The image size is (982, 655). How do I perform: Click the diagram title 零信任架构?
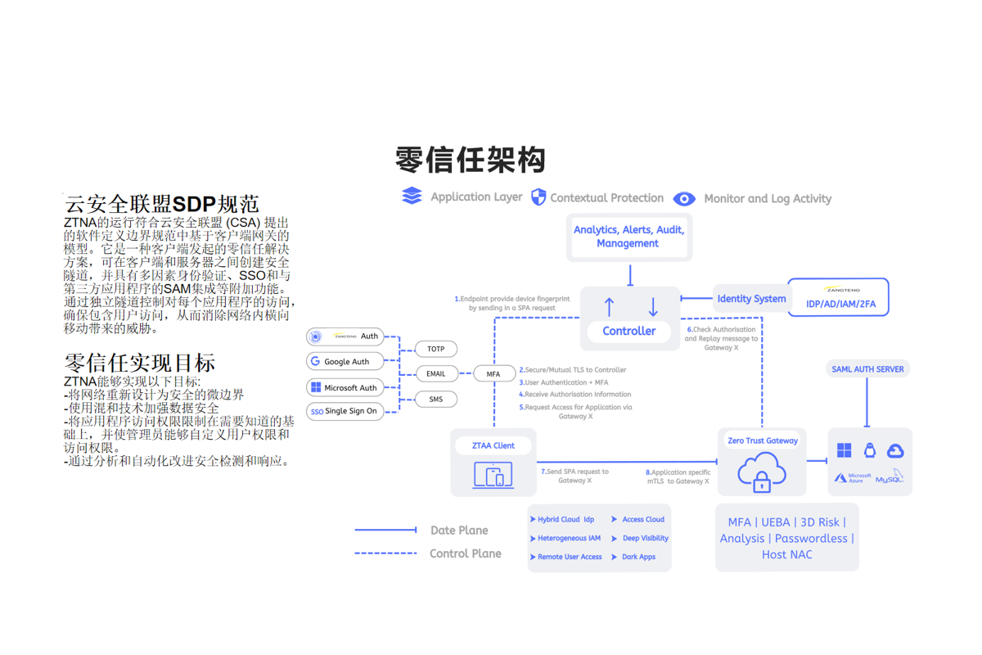point(470,160)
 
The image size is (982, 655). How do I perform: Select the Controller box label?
point(628,331)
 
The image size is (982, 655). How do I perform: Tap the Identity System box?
point(750,299)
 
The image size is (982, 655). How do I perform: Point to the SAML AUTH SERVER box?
point(867,369)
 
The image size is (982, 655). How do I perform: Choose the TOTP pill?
point(435,349)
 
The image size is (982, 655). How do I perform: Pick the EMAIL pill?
point(435,374)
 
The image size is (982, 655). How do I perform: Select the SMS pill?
point(435,400)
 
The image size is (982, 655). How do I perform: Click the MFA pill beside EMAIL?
point(493,374)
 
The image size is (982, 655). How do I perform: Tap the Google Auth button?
point(345,361)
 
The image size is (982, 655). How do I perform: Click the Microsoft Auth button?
point(345,387)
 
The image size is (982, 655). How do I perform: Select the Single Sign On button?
point(345,411)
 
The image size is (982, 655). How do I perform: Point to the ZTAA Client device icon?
point(493,475)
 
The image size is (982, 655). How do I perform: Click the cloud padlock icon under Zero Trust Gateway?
point(762,473)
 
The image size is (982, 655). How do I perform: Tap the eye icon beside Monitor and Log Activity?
point(684,199)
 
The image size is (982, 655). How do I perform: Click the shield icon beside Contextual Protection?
point(538,197)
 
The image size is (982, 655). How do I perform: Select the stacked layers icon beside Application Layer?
point(412,196)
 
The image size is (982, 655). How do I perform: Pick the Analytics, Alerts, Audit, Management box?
point(628,237)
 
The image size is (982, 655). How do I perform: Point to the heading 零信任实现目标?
point(140,363)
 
